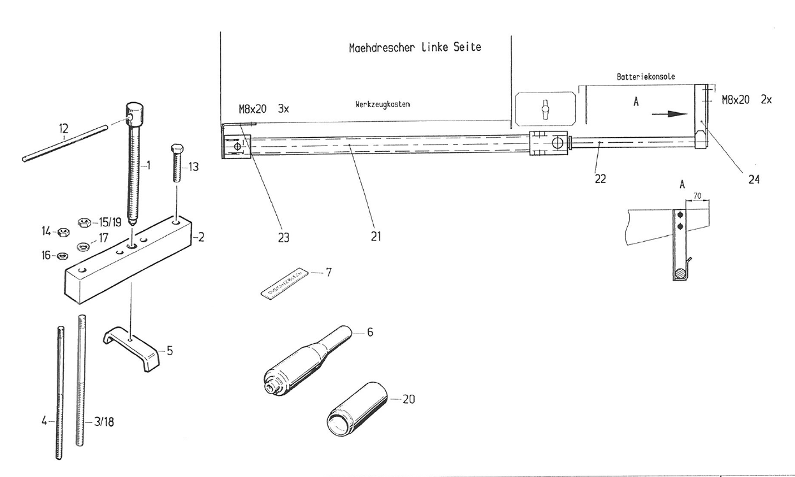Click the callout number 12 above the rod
tap(63, 129)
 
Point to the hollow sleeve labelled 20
tap(357, 408)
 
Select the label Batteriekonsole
tap(646, 77)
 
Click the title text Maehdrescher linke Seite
tap(415, 48)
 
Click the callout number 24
tap(754, 180)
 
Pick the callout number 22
tap(600, 179)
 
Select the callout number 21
tap(375, 236)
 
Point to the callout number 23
tap(283, 237)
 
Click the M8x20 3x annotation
tap(264, 109)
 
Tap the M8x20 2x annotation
tap(747, 100)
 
